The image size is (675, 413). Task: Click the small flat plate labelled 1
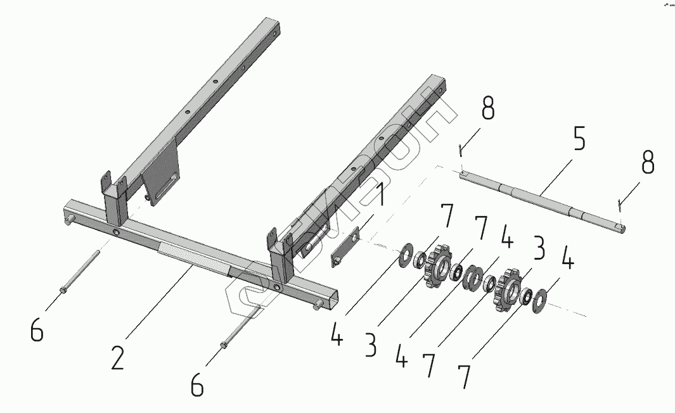click(x=345, y=246)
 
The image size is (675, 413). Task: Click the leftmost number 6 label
click(x=37, y=329)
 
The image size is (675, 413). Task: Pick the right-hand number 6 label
click(x=198, y=384)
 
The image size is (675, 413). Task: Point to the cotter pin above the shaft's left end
click(x=461, y=148)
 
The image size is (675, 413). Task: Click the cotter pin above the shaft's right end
click(x=620, y=203)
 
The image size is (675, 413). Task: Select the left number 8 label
click(x=487, y=108)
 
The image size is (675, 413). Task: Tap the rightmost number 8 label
click(x=646, y=164)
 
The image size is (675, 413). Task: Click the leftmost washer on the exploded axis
click(x=404, y=256)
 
